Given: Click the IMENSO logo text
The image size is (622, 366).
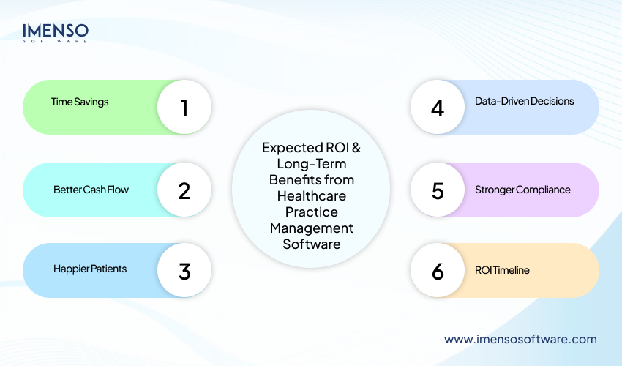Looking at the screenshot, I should tap(56, 30).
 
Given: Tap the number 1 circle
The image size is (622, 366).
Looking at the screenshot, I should tap(184, 108).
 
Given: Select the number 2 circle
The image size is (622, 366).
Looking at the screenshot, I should tap(184, 190).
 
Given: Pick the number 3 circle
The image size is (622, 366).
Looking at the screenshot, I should tap(184, 270).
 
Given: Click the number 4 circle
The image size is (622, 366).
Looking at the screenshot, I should tap(438, 108).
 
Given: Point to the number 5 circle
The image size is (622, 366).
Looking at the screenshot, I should tap(438, 190).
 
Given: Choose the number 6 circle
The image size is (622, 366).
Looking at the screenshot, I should tap(438, 270).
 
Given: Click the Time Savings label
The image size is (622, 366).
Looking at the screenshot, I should tap(80, 102).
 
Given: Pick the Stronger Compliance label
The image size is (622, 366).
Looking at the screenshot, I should tap(522, 190).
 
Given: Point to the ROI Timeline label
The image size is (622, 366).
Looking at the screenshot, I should tap(502, 270).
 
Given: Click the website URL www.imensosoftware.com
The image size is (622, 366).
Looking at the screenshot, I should tap(520, 339).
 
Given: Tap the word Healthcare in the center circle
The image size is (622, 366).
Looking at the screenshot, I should tap(311, 195).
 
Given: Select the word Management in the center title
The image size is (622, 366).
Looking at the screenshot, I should tap(311, 228).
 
